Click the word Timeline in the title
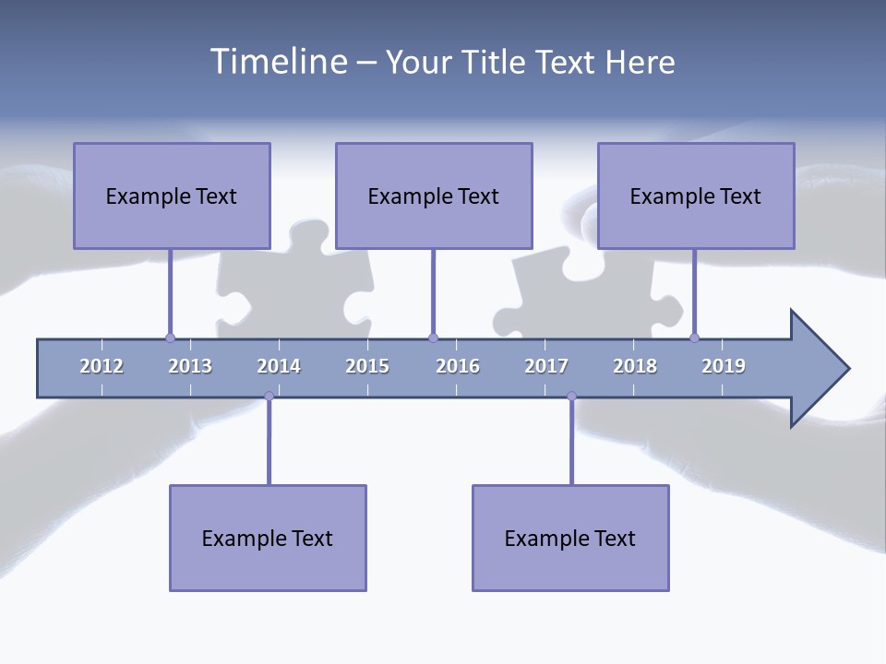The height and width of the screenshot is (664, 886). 278,62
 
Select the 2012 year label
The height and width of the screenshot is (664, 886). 102,366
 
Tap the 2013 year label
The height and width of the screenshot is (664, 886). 190,366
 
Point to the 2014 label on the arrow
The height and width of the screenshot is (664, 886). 279,366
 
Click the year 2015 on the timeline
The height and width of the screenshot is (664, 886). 367,366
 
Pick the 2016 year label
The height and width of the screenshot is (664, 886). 458,366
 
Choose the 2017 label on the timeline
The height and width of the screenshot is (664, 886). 546,366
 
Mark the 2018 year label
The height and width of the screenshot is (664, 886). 635,366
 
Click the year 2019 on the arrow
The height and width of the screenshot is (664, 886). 724,366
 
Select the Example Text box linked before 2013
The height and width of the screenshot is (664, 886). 172,196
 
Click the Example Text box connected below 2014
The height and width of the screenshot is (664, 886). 268,538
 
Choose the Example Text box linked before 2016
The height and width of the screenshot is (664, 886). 434,196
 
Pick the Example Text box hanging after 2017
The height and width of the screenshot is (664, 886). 570,538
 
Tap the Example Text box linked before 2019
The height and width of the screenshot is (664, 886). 696,196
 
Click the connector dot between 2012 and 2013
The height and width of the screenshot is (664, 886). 170,338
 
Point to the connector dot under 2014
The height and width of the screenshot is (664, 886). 269,397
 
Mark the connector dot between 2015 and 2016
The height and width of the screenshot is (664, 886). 433,338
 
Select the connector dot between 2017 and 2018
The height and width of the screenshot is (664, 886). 571,397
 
